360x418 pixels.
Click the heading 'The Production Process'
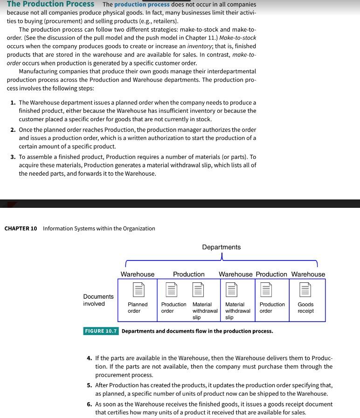pyautogui.click(x=50, y=4)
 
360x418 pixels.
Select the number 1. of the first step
pyautogui.click(x=14, y=103)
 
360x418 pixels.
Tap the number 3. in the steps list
pyautogui.click(x=14, y=157)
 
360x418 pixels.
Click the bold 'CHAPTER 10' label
pyautogui.click(x=21, y=228)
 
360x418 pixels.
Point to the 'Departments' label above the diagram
pyautogui.click(x=222, y=247)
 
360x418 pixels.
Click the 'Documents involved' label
pyautogui.click(x=98, y=300)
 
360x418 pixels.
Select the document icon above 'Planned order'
pyautogui.click(x=138, y=290)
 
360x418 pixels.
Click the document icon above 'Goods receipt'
pyautogui.click(x=305, y=290)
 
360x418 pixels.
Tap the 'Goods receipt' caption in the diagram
pyautogui.click(x=305, y=308)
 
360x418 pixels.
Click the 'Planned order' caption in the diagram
pyautogui.click(x=138, y=308)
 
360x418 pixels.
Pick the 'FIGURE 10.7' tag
pyautogui.click(x=101, y=331)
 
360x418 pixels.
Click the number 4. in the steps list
pyautogui.click(x=90, y=358)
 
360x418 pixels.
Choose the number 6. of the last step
pyautogui.click(x=90, y=404)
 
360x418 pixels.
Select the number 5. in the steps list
pyautogui.click(x=90, y=385)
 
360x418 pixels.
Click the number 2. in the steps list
pyautogui.click(x=14, y=130)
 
